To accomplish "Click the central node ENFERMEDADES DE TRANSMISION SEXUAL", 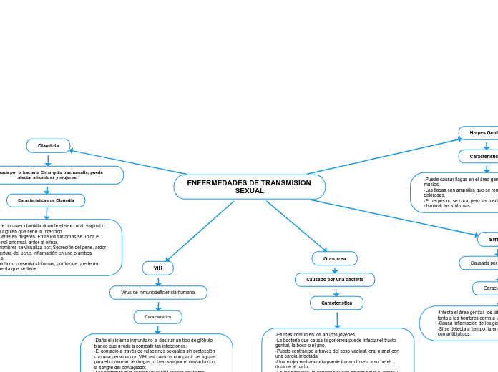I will click(249, 187).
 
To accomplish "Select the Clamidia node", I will click(48, 146).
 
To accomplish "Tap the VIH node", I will click(157, 268).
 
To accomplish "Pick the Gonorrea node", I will click(334, 258).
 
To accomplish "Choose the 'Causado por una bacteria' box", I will click(335, 279).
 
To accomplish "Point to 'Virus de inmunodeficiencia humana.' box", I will click(158, 293).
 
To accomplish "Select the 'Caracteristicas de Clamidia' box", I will click(46, 200).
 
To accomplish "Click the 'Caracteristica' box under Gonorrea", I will click(336, 303).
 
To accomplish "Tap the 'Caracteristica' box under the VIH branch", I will click(157, 316).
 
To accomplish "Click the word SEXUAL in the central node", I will click(249, 191).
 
